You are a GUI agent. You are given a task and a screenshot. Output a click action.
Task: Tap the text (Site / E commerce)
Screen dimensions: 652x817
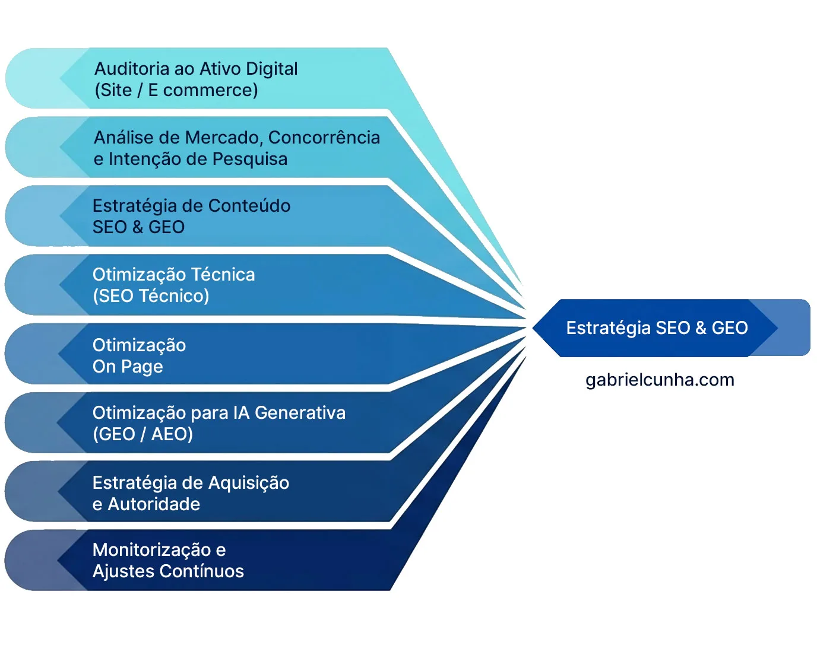tap(176, 90)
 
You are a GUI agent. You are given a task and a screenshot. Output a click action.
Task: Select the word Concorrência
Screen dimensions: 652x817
tap(324, 138)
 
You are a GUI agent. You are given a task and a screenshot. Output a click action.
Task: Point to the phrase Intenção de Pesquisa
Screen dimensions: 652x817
tap(198, 159)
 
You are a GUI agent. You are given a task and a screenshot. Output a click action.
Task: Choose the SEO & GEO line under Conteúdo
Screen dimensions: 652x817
tap(138, 227)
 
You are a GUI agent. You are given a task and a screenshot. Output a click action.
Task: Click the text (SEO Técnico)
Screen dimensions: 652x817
tap(151, 296)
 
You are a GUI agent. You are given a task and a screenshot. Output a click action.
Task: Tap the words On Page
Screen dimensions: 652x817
tap(128, 367)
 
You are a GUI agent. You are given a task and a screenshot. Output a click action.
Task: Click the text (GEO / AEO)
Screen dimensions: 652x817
tap(142, 434)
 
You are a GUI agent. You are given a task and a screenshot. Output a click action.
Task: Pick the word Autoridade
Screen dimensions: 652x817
tap(154, 504)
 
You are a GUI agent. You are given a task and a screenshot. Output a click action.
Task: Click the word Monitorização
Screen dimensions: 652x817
tap(151, 550)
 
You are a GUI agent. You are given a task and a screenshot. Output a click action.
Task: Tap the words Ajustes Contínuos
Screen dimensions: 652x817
tap(168, 571)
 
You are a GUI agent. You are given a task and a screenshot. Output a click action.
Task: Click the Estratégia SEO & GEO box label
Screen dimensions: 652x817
tap(657, 328)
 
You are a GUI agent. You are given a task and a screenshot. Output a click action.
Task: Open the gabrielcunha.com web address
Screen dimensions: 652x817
tap(660, 380)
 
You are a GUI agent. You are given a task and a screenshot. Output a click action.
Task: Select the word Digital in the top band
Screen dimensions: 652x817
tap(271, 69)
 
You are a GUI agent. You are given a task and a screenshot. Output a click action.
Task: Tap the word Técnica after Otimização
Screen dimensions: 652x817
tap(223, 275)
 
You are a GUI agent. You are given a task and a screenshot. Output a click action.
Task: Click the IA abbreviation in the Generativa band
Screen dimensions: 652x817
tap(241, 413)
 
